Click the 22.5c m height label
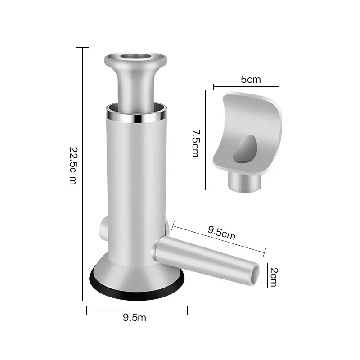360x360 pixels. click(x=72, y=174)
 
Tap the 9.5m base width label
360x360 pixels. click(x=135, y=318)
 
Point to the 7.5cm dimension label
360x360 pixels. click(x=195, y=143)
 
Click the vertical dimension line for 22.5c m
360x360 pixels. click(x=83, y=174)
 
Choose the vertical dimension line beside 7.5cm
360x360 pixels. click(x=205, y=140)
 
